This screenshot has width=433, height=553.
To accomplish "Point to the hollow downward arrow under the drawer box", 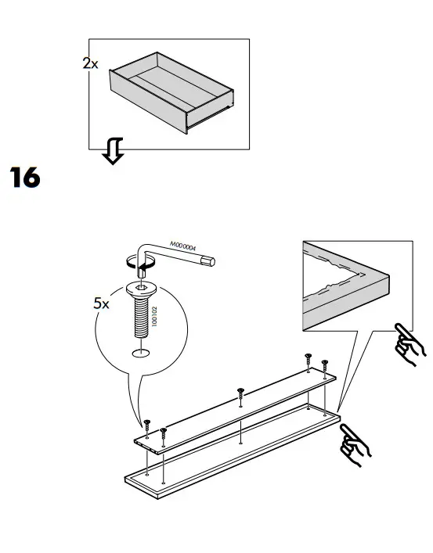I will [114, 151].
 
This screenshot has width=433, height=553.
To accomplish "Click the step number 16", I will [24, 178].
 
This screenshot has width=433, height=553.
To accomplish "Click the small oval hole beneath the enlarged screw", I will [141, 354].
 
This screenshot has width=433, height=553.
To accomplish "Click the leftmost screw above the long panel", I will [146, 422].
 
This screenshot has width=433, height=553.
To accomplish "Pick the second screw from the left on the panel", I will [163, 431].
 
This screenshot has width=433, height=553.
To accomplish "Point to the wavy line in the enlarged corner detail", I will [337, 277].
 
